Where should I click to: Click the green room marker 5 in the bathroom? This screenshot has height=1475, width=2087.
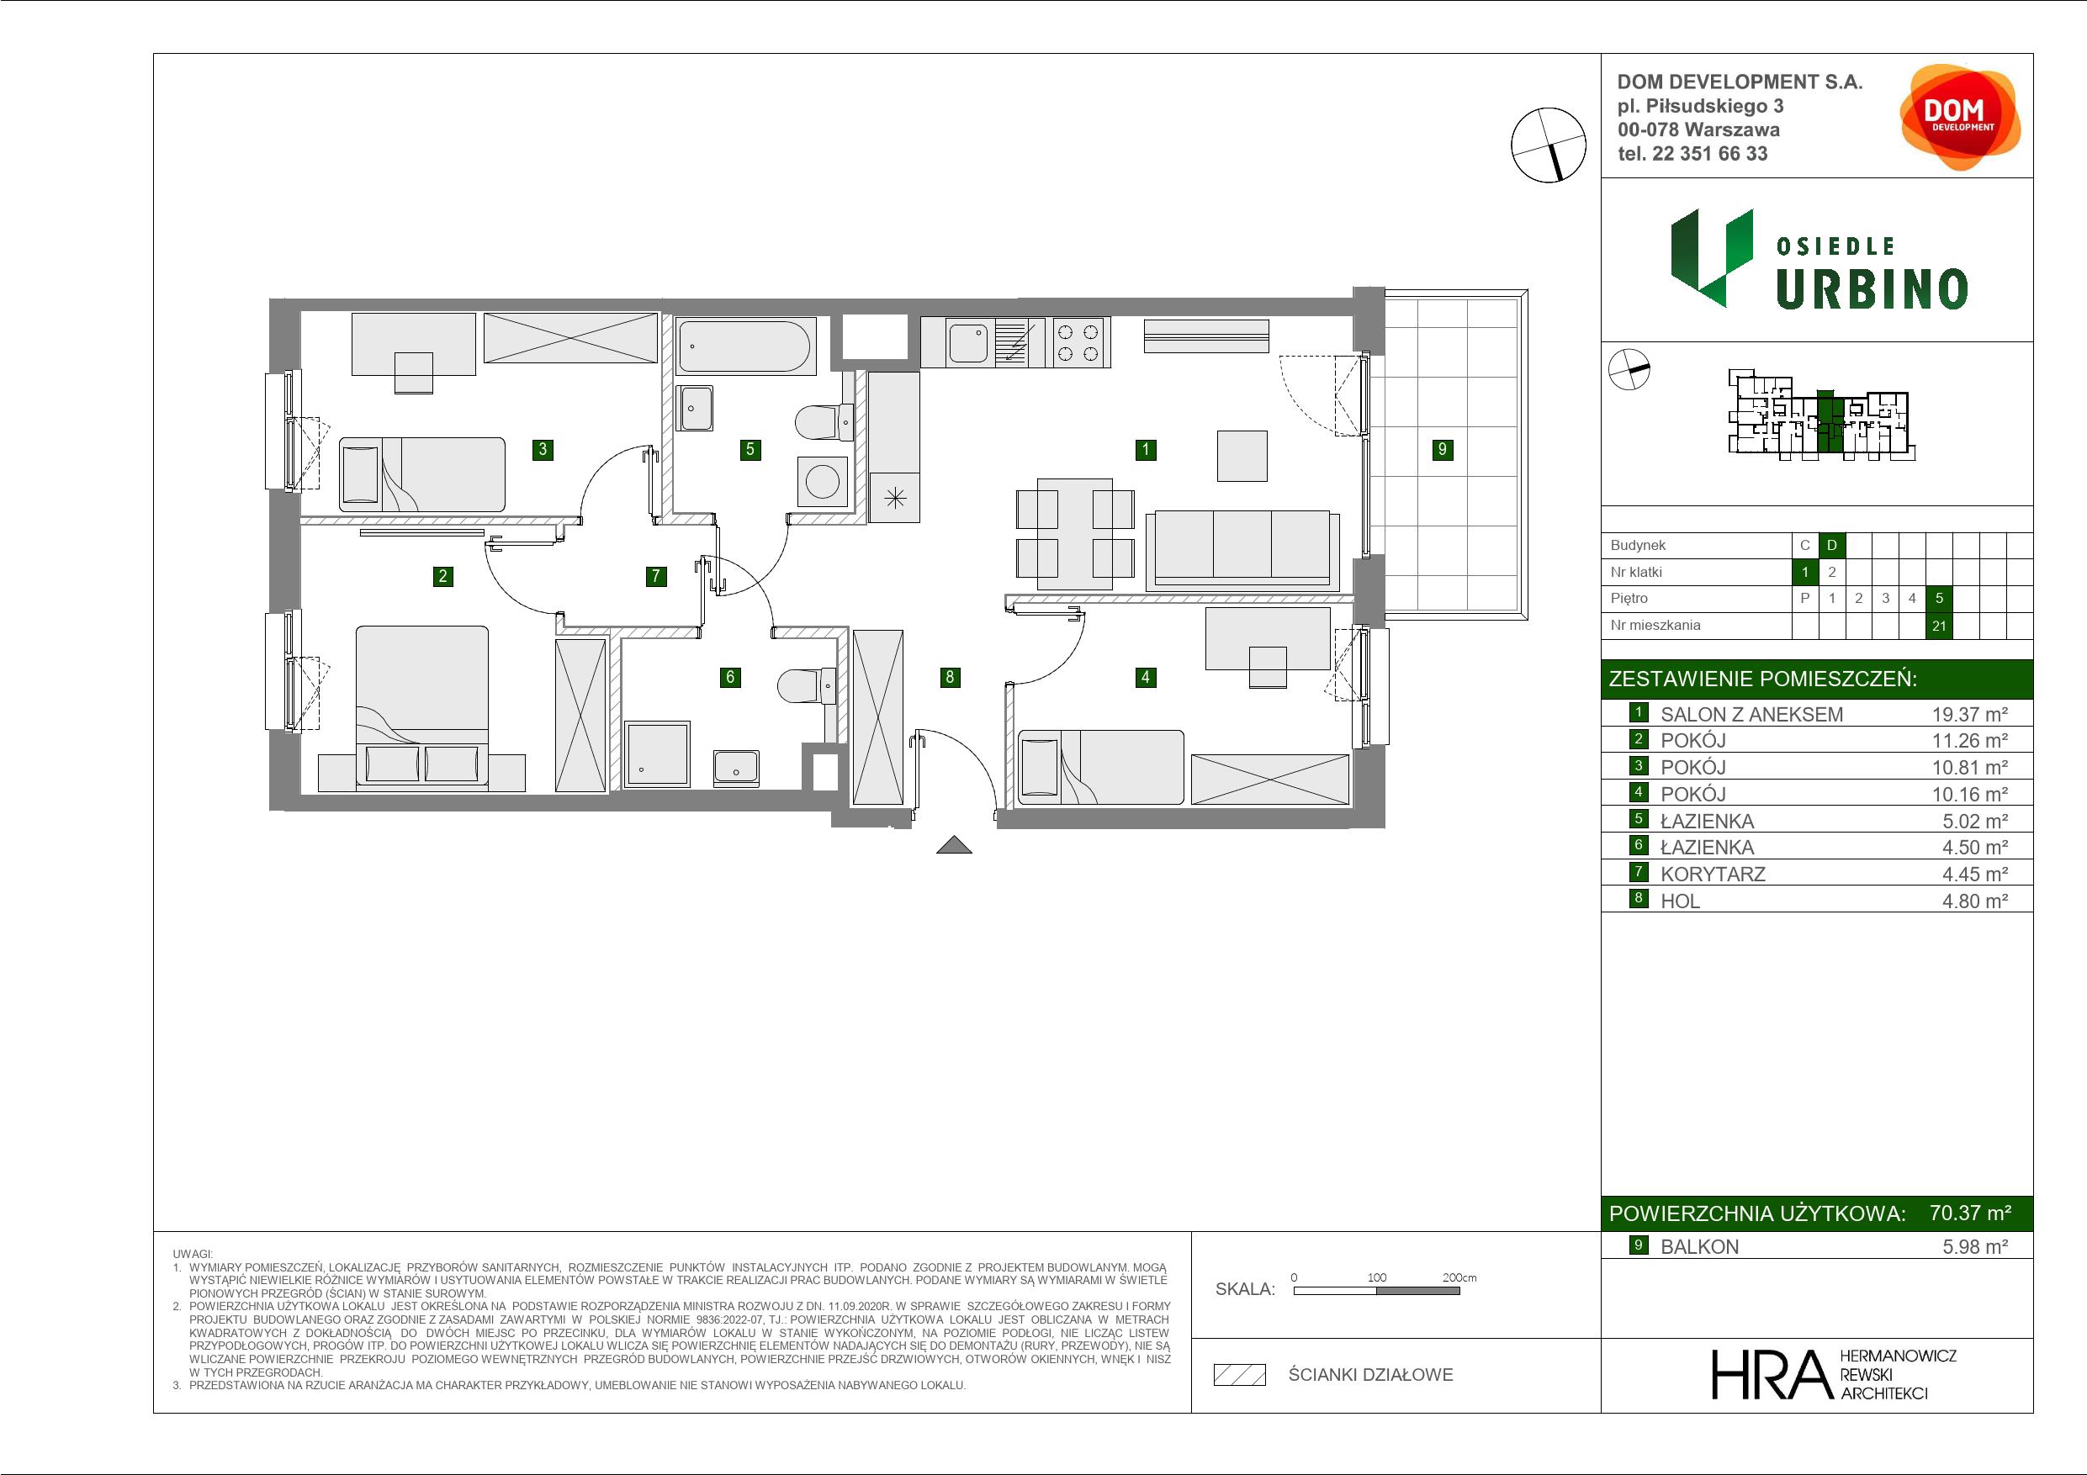coord(750,449)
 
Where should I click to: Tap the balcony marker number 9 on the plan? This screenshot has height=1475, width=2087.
coord(1442,449)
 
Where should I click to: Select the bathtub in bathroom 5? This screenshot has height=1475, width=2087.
coord(744,346)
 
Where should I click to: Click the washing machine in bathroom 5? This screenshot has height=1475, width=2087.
coord(822,481)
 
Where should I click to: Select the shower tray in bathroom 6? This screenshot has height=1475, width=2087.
coord(657,753)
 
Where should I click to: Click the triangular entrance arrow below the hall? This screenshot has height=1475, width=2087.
coord(955,845)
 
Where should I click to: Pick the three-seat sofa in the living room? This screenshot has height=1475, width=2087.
coord(1242,548)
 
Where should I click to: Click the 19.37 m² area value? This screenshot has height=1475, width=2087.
coord(1969,714)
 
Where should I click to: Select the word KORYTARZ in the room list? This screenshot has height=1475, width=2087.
coord(1713,875)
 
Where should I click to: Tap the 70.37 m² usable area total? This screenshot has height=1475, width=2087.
coord(1970,1213)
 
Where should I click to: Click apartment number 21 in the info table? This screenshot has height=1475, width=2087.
coord(1939,626)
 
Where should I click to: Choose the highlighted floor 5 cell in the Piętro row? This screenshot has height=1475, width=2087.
coord(1939,598)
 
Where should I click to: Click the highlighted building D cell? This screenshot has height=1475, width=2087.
coord(1831,545)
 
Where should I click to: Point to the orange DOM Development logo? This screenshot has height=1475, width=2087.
coord(1960,117)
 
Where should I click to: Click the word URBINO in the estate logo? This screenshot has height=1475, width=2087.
coord(1872,289)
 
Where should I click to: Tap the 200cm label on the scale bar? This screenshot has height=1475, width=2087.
coord(1459,1277)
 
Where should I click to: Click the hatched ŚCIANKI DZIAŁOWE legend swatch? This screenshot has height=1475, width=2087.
coord(1240,1375)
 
